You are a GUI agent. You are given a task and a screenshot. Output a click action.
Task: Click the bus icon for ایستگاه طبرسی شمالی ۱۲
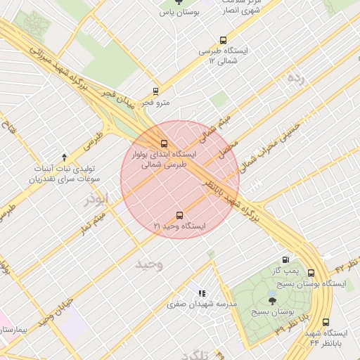[224, 40]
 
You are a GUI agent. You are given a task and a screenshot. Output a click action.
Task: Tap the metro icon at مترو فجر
[155, 91]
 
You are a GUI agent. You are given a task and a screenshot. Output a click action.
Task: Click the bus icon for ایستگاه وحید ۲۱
[179, 215]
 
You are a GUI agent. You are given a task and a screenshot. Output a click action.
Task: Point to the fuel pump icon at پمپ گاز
[285, 259]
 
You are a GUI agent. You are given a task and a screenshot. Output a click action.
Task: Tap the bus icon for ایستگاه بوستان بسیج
[311, 273]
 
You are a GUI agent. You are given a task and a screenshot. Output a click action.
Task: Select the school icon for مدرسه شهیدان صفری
[202, 292]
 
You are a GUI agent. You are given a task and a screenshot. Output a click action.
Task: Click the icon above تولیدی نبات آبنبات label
[65, 156]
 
